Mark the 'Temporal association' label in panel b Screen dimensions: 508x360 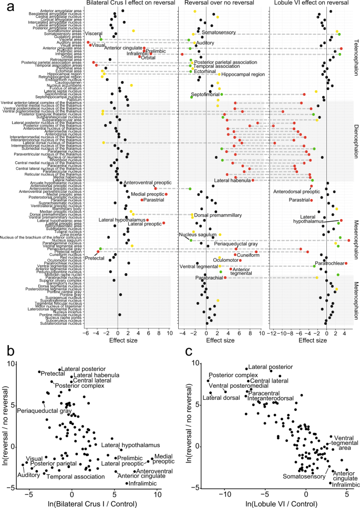pyautogui.click(x=71, y=476)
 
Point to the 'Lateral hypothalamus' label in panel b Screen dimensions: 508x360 pyautogui.click(x=135, y=445)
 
